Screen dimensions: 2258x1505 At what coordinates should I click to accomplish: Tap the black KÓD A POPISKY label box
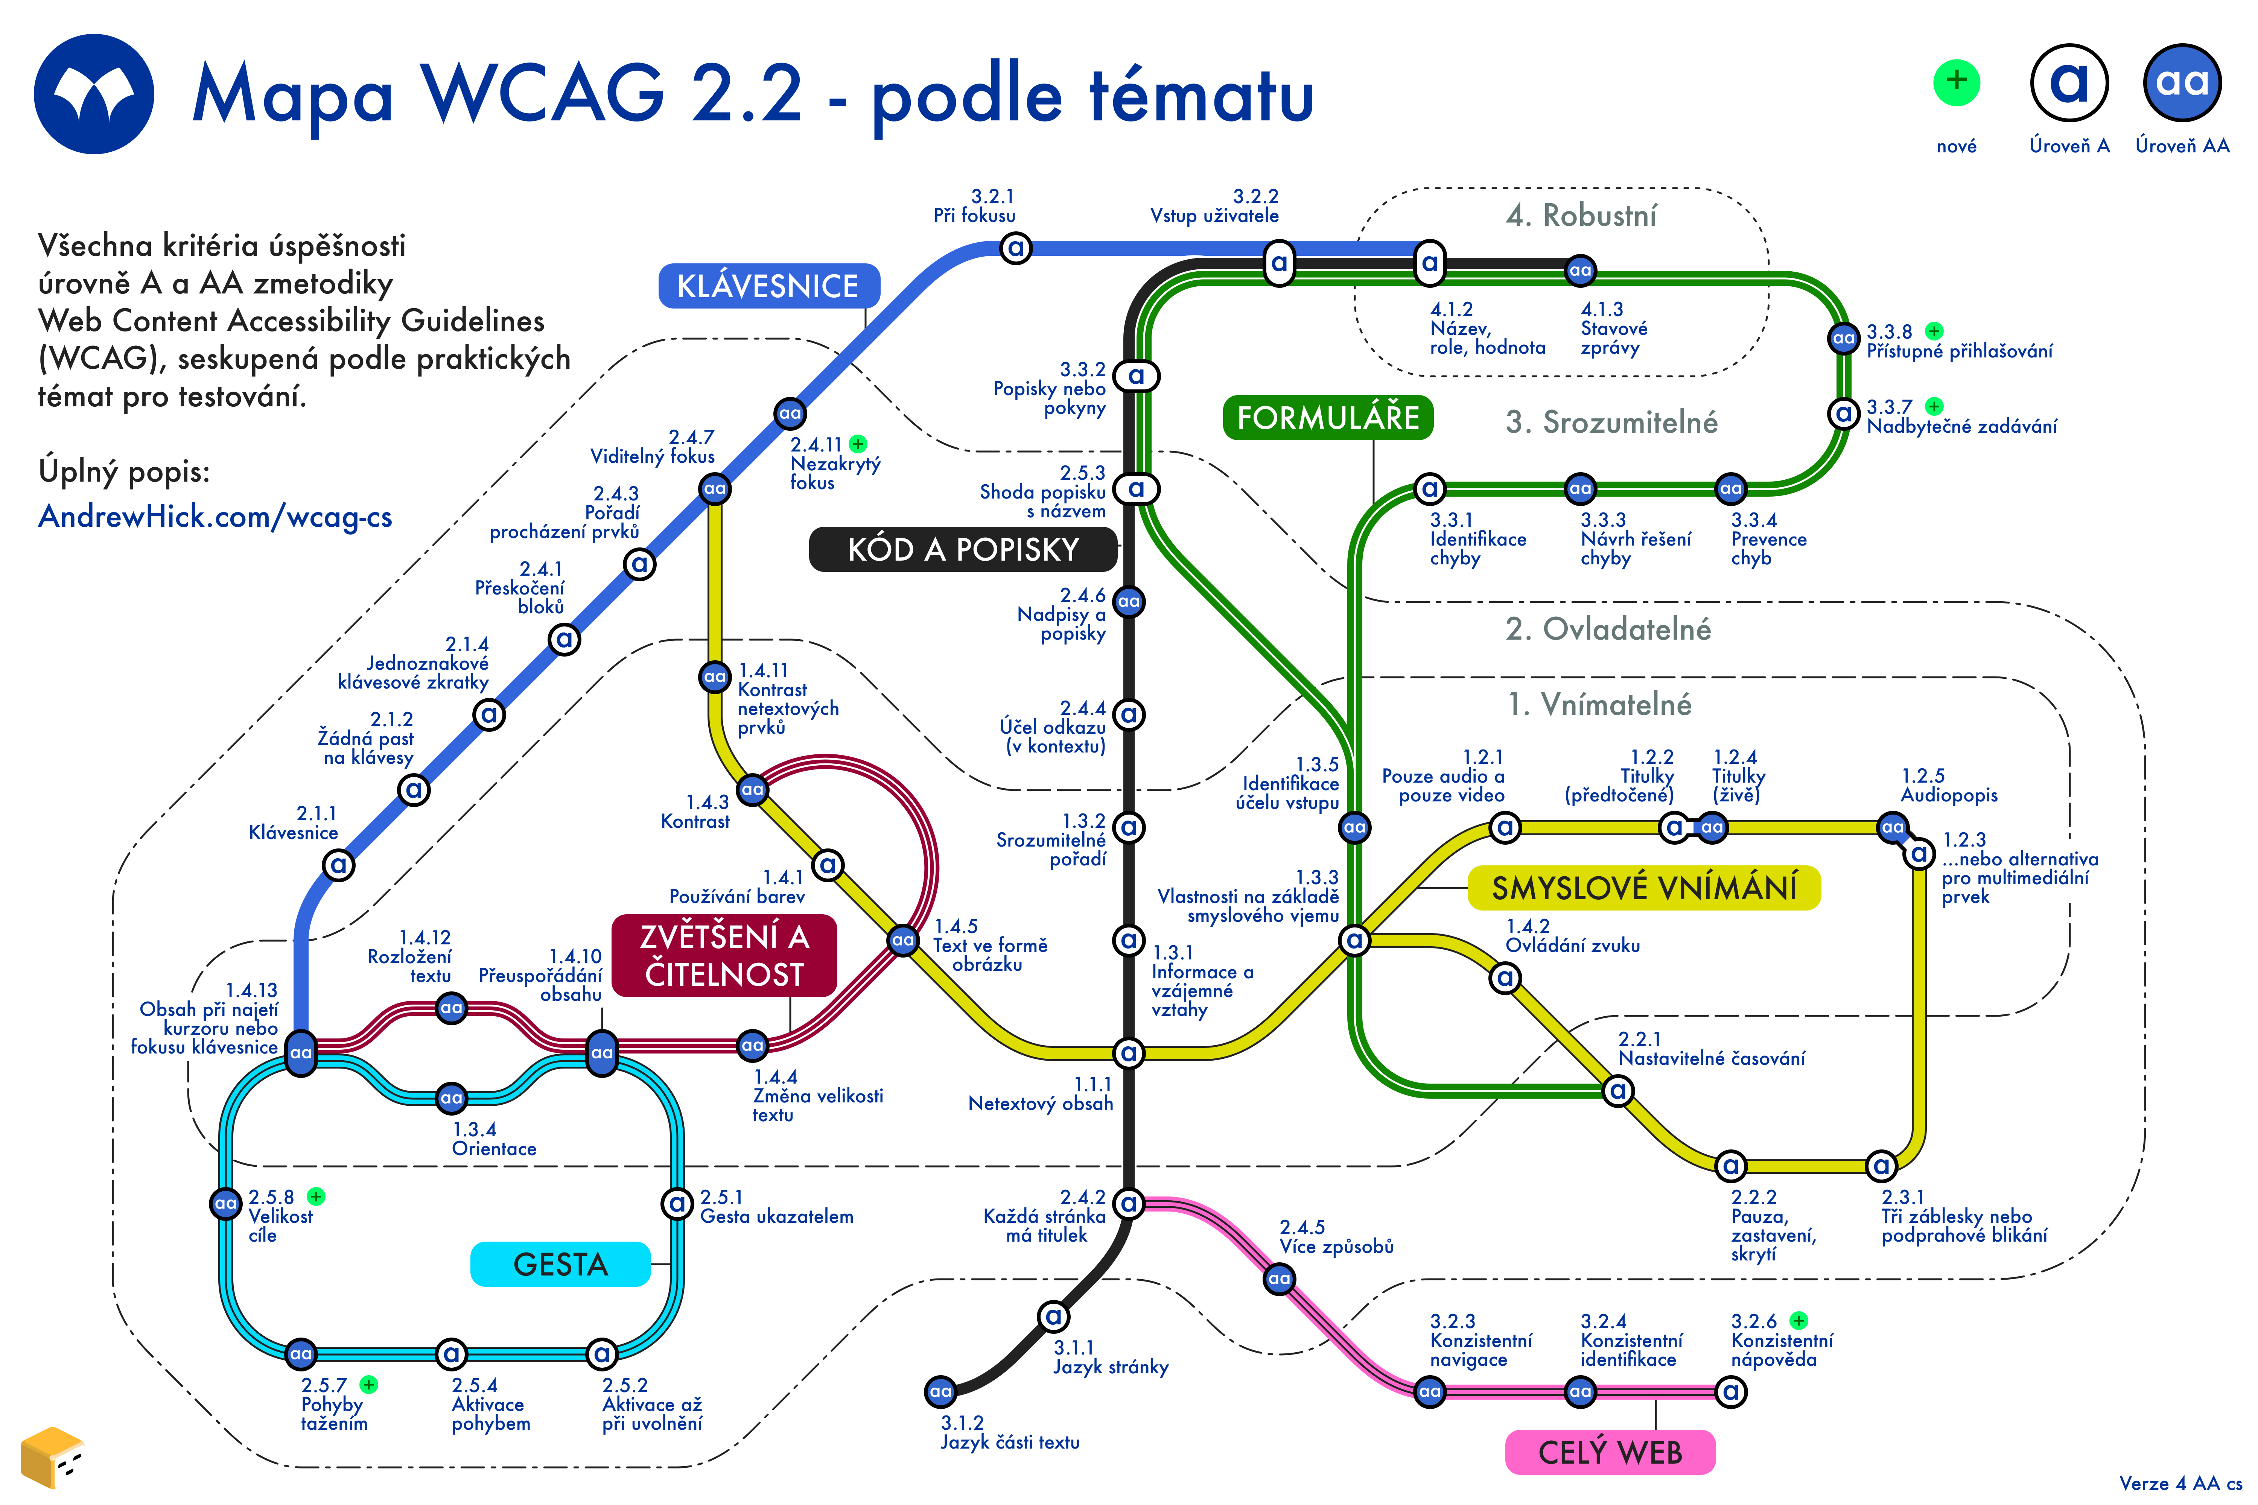click(963, 549)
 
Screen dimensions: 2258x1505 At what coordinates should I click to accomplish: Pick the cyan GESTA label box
click(561, 1264)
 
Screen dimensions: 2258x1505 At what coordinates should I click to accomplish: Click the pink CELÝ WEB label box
click(1610, 1452)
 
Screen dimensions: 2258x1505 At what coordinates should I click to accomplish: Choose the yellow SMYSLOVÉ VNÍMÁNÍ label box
click(1643, 888)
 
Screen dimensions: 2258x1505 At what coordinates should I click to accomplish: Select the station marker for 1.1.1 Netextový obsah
click(1129, 1053)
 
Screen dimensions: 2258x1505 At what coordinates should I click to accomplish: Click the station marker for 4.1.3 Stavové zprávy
click(1580, 271)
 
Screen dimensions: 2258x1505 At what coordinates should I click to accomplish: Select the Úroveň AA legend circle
click(2182, 82)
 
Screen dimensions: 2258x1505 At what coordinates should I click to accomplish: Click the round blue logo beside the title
click(94, 94)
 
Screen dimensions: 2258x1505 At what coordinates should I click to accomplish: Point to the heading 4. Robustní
click(1581, 215)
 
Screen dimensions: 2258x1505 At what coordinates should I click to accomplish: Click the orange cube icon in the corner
click(52, 1457)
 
